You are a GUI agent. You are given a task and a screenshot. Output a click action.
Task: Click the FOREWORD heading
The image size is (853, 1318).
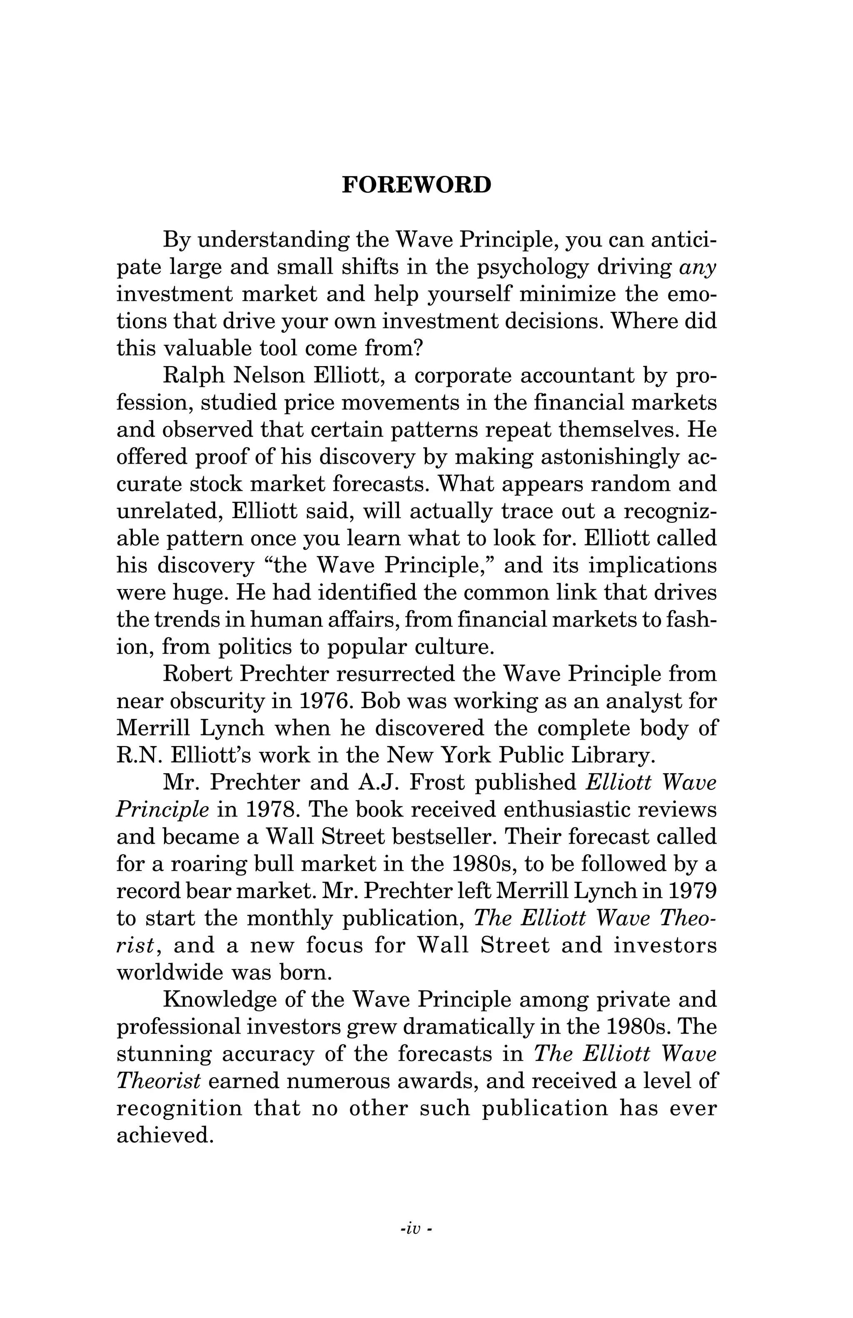416,185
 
